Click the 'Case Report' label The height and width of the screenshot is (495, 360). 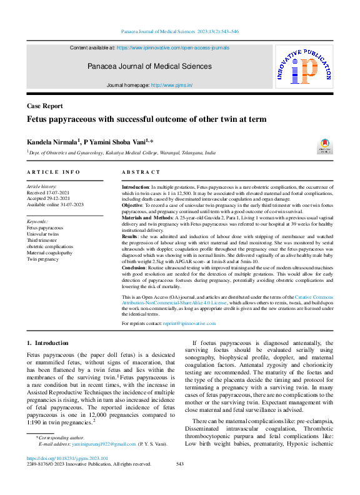point(44,106)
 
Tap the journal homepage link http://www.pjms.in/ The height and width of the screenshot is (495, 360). point(172,85)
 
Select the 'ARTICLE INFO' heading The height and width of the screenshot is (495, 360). point(53,172)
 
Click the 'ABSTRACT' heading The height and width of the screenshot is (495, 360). point(141,172)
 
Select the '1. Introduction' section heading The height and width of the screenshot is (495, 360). point(47,343)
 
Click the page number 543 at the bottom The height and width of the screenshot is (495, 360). point(180,464)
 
